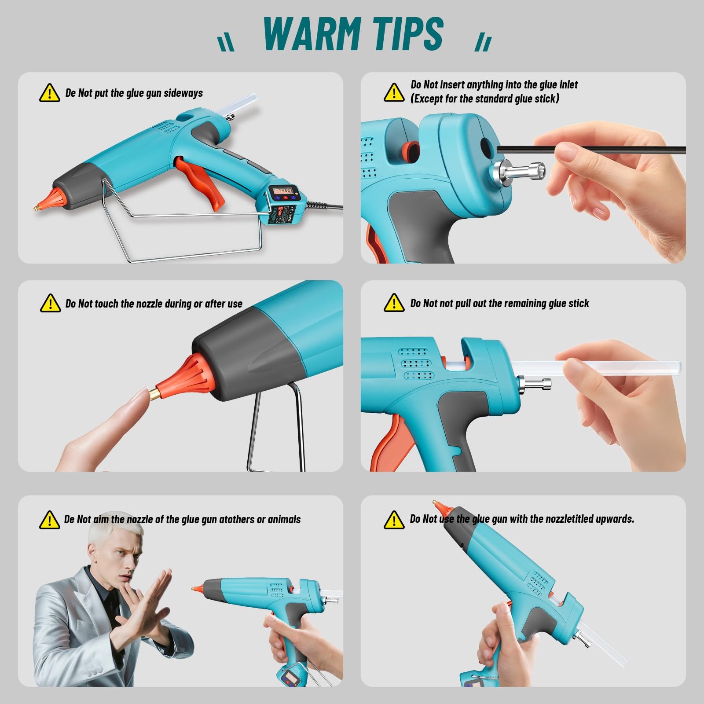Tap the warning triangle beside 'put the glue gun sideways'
click(x=49, y=93)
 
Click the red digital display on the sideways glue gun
click(x=283, y=191)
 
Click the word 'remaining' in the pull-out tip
click(x=524, y=303)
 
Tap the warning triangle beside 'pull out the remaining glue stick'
click(x=394, y=303)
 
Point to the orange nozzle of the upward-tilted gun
click(x=438, y=508)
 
